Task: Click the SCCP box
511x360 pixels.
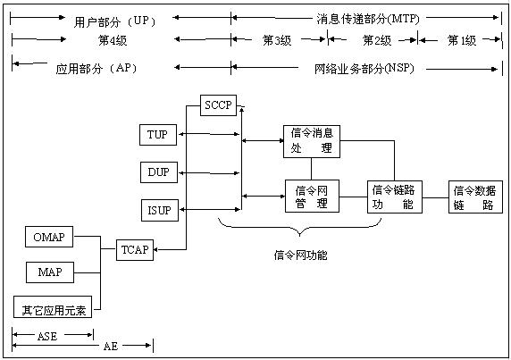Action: pyautogui.click(x=218, y=105)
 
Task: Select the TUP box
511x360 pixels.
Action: pyautogui.click(x=158, y=135)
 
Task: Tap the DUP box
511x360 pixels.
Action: pyautogui.click(x=159, y=172)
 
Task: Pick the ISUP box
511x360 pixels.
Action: pyautogui.click(x=160, y=210)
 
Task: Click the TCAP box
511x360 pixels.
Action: pyautogui.click(x=135, y=250)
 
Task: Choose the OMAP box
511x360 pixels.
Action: pyautogui.click(x=49, y=237)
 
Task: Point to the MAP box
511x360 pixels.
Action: pyautogui.click(x=50, y=272)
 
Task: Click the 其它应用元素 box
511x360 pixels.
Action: pyautogui.click(x=53, y=307)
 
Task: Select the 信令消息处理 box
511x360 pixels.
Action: pyautogui.click(x=312, y=141)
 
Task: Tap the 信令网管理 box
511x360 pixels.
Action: pyautogui.click(x=312, y=197)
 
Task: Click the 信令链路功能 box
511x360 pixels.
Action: pyautogui.click(x=395, y=197)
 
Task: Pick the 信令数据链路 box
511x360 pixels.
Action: pyautogui.click(x=475, y=197)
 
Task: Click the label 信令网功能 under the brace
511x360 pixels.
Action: pyautogui.click(x=300, y=255)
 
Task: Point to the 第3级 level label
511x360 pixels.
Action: pyautogui.click(x=277, y=40)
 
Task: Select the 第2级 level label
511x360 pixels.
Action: pyautogui.click(x=377, y=40)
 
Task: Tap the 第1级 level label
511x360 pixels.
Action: pyautogui.click(x=462, y=40)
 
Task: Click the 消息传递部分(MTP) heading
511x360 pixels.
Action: pyautogui.click(x=368, y=19)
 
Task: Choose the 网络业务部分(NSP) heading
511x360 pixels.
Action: pyautogui.click(x=364, y=69)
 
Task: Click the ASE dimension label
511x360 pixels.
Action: pyautogui.click(x=47, y=336)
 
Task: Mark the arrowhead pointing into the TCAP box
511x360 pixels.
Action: pyautogui.click(x=155, y=250)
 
